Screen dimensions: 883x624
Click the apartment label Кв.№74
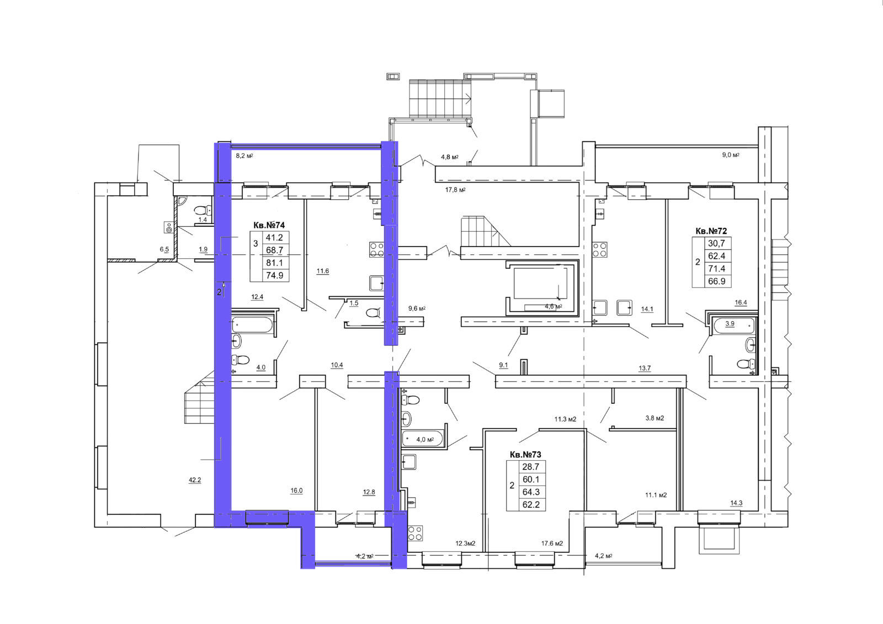point(269,225)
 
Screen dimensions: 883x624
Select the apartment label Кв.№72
point(711,231)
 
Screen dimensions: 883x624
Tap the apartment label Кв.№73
point(525,455)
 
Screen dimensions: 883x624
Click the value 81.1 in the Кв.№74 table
point(274,263)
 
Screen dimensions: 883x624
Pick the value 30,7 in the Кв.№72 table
point(717,244)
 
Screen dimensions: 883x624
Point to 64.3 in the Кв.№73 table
point(531,492)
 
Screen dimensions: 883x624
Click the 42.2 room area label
point(195,480)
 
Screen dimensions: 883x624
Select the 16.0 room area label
point(296,491)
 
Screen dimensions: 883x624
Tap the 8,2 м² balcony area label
point(244,156)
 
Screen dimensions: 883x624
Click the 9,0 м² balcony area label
point(731,155)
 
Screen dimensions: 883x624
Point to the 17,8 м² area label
point(455,190)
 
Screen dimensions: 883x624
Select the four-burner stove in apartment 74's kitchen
point(376,249)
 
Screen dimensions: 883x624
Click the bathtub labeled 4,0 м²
point(422,438)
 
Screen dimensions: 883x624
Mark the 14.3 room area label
point(736,503)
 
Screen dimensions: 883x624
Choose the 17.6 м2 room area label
point(552,543)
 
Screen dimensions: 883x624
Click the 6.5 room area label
point(164,249)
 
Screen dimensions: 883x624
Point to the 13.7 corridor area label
point(645,368)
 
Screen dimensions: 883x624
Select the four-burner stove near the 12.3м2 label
point(415,533)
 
